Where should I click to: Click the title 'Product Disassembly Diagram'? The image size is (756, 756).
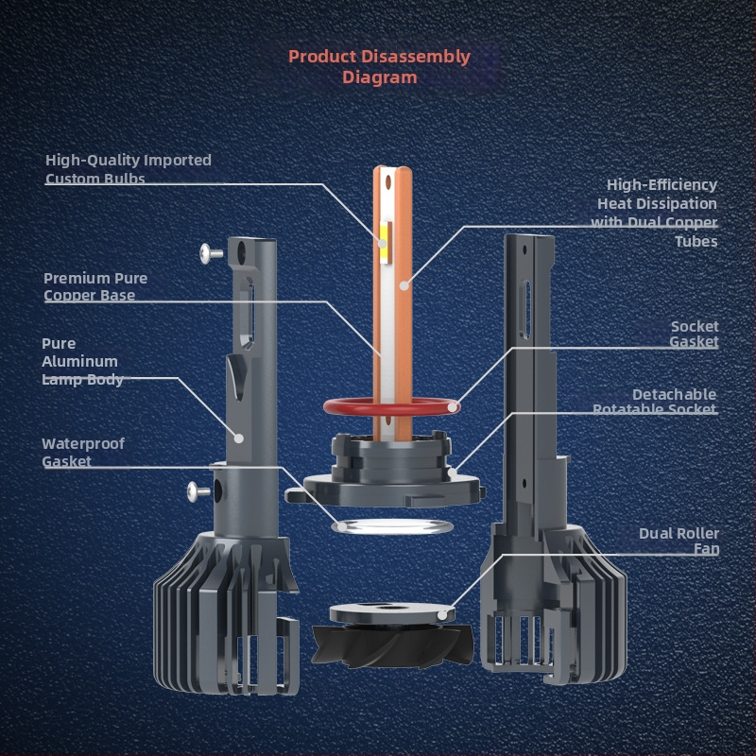[379, 66]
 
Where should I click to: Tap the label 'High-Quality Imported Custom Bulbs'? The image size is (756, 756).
[129, 169]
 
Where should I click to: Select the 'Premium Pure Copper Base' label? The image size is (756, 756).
[95, 286]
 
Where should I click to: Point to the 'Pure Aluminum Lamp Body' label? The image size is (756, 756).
[82, 361]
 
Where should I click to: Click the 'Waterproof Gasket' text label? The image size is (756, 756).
[83, 453]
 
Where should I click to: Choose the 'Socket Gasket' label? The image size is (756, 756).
[695, 334]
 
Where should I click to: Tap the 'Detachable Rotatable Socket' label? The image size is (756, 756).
[655, 402]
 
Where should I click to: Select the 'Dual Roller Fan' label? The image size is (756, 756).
[679, 541]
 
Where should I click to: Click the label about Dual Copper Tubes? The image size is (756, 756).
[654, 213]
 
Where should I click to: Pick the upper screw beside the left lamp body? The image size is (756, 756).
[211, 253]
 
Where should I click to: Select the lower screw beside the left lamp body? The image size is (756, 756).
[198, 491]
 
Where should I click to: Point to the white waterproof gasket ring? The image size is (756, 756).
[337, 526]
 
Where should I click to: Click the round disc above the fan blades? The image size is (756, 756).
[392, 613]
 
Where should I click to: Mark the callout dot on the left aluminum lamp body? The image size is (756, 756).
[239, 438]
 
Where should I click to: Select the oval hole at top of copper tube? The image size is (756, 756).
[388, 181]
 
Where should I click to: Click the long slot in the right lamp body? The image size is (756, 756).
[526, 309]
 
